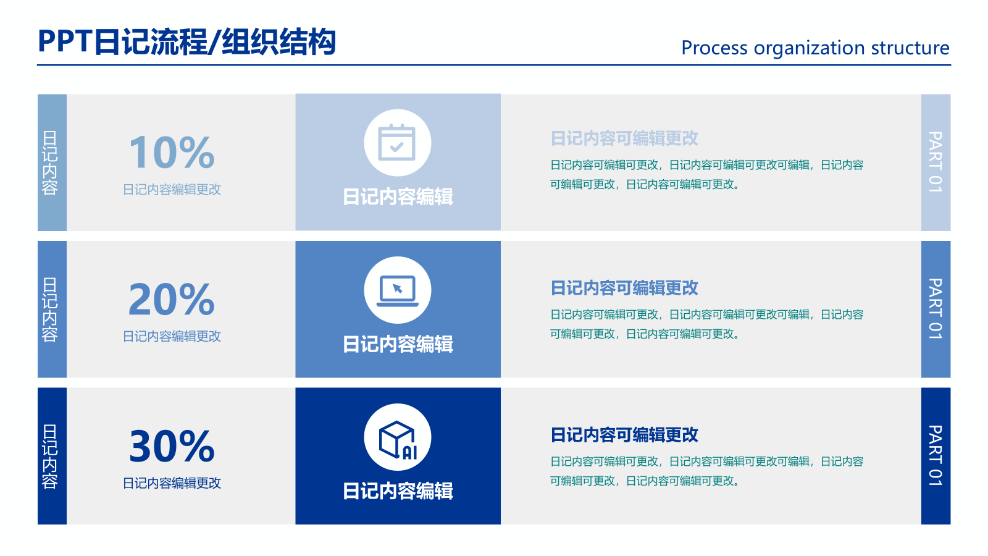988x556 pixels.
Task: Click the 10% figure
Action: [172, 153]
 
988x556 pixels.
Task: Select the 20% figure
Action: [172, 300]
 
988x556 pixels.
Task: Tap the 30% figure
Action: [172, 447]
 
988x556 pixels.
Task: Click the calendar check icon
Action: [397, 143]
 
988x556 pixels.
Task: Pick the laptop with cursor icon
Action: [397, 290]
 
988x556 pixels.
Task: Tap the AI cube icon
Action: [397, 438]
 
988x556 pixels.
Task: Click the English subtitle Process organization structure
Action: [814, 48]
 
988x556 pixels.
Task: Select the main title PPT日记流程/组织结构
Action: [186, 42]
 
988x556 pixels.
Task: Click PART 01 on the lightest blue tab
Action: [936, 162]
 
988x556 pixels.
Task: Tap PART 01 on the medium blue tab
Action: [936, 309]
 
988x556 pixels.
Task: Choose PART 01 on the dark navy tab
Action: [936, 456]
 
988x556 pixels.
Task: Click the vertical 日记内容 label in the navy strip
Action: [50, 457]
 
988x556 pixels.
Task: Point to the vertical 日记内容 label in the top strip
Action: [50, 162]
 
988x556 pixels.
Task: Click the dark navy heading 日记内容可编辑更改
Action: [624, 435]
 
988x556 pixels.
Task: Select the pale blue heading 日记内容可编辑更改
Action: [624, 138]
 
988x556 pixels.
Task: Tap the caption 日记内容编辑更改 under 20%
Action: [172, 336]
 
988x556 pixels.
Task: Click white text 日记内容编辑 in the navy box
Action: [398, 491]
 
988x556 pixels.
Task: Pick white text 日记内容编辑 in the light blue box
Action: [398, 197]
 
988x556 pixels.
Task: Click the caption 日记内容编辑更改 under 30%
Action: [172, 483]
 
